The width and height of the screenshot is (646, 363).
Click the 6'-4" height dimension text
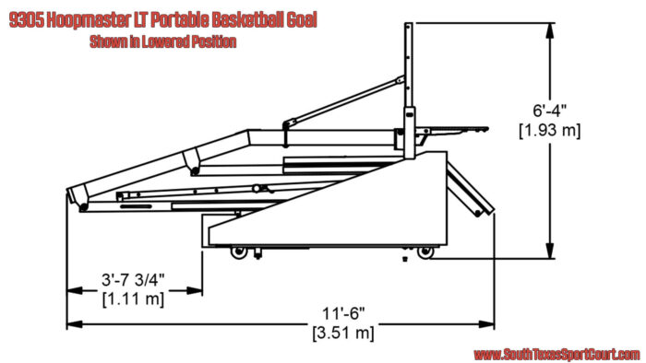tap(550, 111)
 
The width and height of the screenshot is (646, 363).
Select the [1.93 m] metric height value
tap(550, 131)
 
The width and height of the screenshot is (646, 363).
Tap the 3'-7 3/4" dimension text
tap(133, 280)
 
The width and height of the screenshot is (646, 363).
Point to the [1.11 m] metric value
tap(133, 299)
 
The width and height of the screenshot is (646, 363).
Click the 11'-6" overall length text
tap(343, 313)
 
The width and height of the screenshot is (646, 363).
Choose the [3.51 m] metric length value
tap(343, 333)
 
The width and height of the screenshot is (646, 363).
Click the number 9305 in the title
tap(27, 20)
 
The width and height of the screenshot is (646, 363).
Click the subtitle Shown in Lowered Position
tap(163, 41)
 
